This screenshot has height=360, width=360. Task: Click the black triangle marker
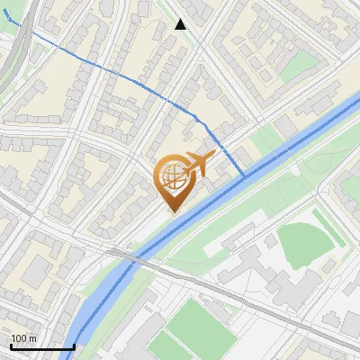point(181,24)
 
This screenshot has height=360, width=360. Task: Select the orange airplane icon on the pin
point(198,164)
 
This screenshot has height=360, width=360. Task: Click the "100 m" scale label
point(23,338)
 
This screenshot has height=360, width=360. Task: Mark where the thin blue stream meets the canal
point(244,175)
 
